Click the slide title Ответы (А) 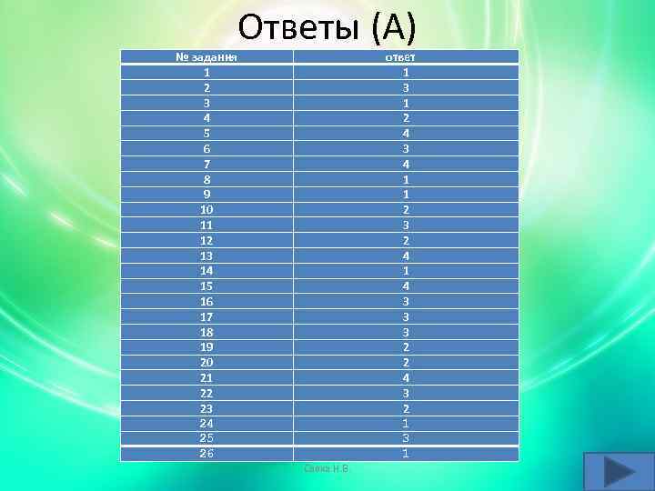(x=327, y=28)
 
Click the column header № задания (x=207, y=57)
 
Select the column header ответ (x=405, y=57)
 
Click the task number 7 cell (x=207, y=164)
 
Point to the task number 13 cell (x=207, y=255)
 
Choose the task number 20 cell (x=207, y=362)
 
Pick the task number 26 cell (x=207, y=453)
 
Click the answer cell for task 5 (x=405, y=133)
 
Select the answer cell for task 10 (x=405, y=209)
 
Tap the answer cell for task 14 (x=405, y=270)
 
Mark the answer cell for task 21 (x=405, y=376)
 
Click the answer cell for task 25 (x=405, y=437)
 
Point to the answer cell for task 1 (x=405, y=72)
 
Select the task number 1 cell (x=207, y=72)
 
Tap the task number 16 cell (x=207, y=300)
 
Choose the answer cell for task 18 (x=405, y=331)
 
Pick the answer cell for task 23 (x=405, y=407)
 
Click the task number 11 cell (x=207, y=225)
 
